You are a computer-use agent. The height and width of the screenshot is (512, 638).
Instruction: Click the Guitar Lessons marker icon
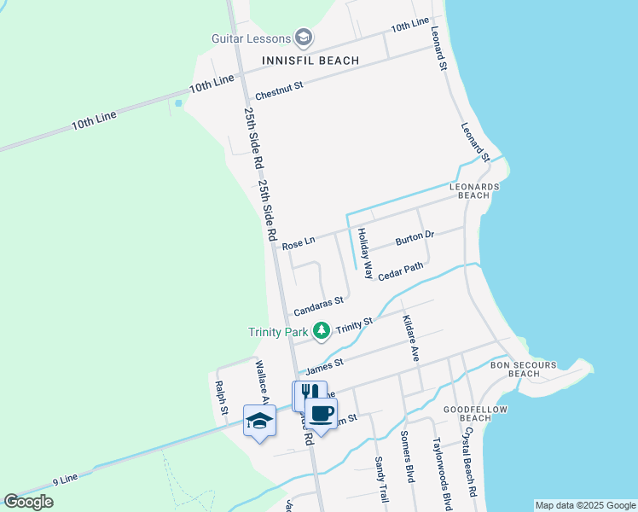[x=304, y=38]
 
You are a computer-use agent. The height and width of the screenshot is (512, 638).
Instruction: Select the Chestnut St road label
[x=279, y=86]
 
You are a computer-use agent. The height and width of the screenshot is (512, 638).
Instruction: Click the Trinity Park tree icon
[x=322, y=330]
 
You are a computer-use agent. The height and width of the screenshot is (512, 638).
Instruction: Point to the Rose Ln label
[x=299, y=243]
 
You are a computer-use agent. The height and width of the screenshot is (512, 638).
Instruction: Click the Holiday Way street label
[x=365, y=253]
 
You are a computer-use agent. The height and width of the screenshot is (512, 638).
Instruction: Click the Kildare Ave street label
[x=410, y=338]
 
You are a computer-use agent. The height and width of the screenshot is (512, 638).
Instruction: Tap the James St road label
[x=324, y=366]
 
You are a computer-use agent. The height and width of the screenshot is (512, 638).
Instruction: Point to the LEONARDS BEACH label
[x=473, y=190]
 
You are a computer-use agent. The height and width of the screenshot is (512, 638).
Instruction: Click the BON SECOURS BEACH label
[x=523, y=369]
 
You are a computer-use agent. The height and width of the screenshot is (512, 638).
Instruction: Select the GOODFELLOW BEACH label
[x=475, y=414]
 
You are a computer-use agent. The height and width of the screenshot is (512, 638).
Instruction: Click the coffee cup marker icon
[x=322, y=415]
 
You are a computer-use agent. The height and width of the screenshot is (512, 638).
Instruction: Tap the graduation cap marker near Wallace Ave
[x=259, y=421]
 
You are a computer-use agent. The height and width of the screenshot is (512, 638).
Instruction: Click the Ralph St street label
[x=222, y=398]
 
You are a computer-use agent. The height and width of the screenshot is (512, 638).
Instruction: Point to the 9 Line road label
[x=65, y=479]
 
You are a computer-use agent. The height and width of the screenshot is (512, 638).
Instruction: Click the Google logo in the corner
[x=28, y=502]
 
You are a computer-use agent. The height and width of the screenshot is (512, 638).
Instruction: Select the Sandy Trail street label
[x=380, y=478]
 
